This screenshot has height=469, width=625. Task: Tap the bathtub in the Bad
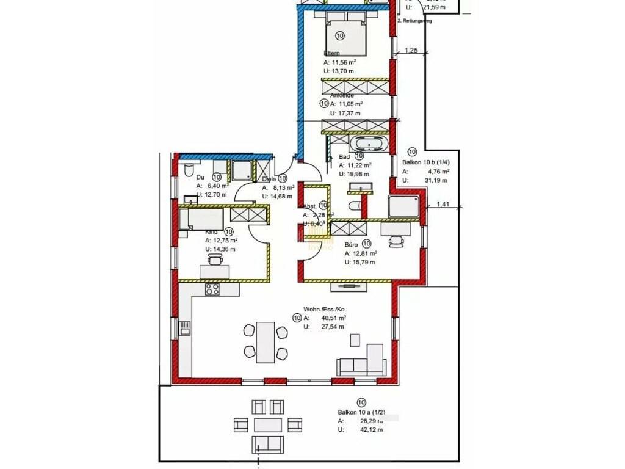367,145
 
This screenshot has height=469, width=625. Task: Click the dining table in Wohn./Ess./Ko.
266,341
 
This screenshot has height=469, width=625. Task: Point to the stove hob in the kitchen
212,289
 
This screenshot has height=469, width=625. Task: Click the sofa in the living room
362,362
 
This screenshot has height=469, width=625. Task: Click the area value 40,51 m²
334,318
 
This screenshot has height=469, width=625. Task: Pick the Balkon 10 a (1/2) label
361,412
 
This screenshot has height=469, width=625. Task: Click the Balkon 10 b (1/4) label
426,163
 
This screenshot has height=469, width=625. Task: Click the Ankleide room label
342,96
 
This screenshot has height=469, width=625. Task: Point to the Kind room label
211,232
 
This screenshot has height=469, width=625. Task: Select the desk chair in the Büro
398,241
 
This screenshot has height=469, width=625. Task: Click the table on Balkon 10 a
269,424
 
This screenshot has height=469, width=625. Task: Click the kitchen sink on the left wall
184,330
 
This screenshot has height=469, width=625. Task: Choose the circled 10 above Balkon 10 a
361,402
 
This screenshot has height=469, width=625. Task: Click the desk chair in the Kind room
215,261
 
